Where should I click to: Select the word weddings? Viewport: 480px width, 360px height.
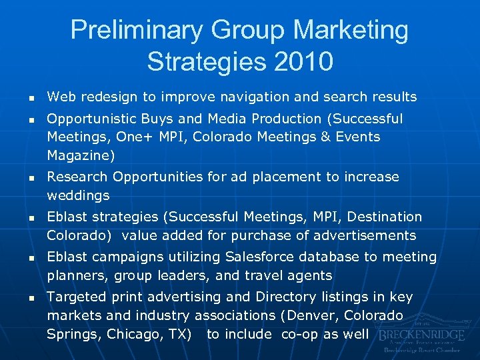pyautogui.click(x=78, y=196)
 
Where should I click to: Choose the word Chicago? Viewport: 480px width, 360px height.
pyautogui.click(x=131, y=334)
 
